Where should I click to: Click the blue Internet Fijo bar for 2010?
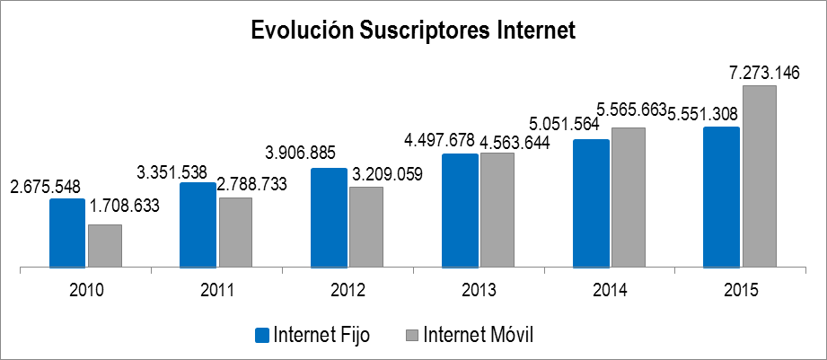pyautogui.click(x=66, y=233)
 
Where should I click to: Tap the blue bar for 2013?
pyautogui.click(x=460, y=210)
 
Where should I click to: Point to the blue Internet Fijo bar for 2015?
pyautogui.click(x=721, y=197)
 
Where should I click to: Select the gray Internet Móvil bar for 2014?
pyautogui.click(x=628, y=197)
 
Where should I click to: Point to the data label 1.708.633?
pyautogui.click(x=123, y=206)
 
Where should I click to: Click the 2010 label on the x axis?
pyautogui.click(x=86, y=291)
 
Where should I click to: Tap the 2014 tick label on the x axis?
pyautogui.click(x=611, y=291)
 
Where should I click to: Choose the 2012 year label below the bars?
pyautogui.click(x=348, y=291)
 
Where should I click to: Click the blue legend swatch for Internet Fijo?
pyautogui.click(x=262, y=335)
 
